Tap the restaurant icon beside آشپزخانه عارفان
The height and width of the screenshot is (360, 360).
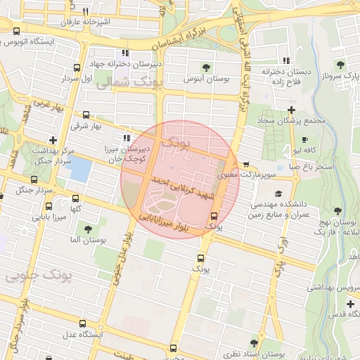point(85,11)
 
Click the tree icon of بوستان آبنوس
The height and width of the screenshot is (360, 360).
point(205,67)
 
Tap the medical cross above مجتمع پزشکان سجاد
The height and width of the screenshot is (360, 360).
point(291,109)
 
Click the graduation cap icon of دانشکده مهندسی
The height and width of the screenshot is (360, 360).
point(278,194)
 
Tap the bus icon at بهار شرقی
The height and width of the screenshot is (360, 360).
point(86,115)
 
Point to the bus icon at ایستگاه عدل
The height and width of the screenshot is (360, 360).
point(83,324)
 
